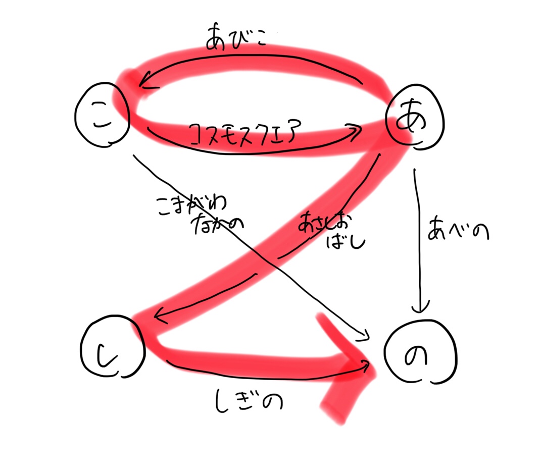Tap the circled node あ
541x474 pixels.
414,121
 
